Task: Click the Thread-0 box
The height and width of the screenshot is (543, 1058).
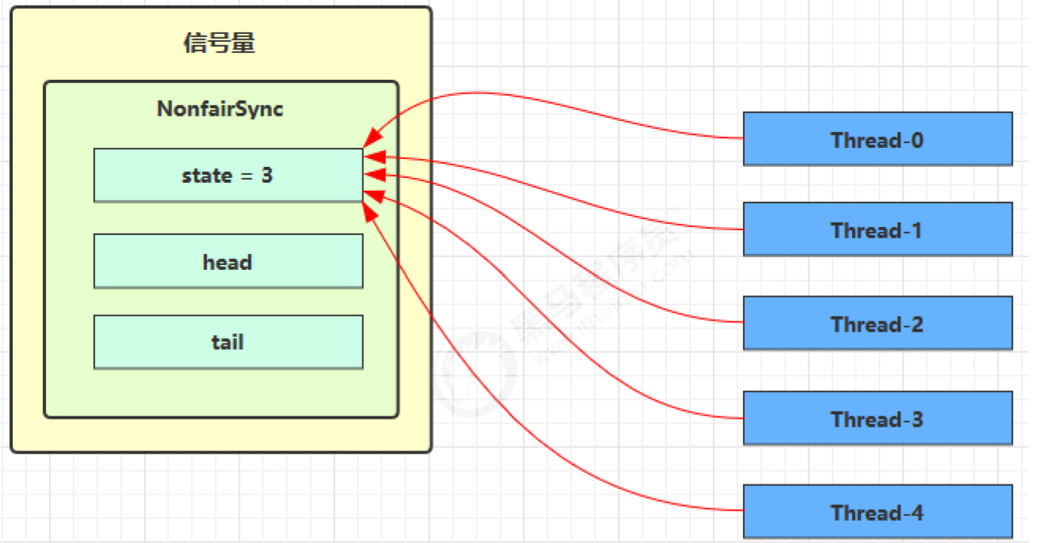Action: click(x=877, y=139)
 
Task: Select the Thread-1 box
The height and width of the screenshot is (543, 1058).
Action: click(x=877, y=229)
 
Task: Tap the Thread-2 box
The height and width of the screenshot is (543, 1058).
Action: click(x=877, y=323)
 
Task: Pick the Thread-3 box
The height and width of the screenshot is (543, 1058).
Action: click(x=877, y=417)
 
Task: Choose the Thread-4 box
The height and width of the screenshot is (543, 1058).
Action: click(x=877, y=511)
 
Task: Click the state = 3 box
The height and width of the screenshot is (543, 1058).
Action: click(x=228, y=175)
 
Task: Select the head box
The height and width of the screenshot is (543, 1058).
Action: click(x=228, y=261)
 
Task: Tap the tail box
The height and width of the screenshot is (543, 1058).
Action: click(x=228, y=342)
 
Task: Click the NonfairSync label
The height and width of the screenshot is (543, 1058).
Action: click(x=220, y=108)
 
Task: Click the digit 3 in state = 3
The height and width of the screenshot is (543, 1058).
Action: click(x=267, y=175)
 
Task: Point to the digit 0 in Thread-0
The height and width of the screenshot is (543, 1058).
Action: click(x=916, y=140)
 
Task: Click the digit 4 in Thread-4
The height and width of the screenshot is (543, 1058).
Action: click(x=916, y=512)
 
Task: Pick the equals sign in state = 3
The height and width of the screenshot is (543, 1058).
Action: click(x=246, y=176)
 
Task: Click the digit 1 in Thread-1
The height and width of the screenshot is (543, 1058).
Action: click(x=916, y=230)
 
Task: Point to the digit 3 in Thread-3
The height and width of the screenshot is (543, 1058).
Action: click(x=916, y=419)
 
